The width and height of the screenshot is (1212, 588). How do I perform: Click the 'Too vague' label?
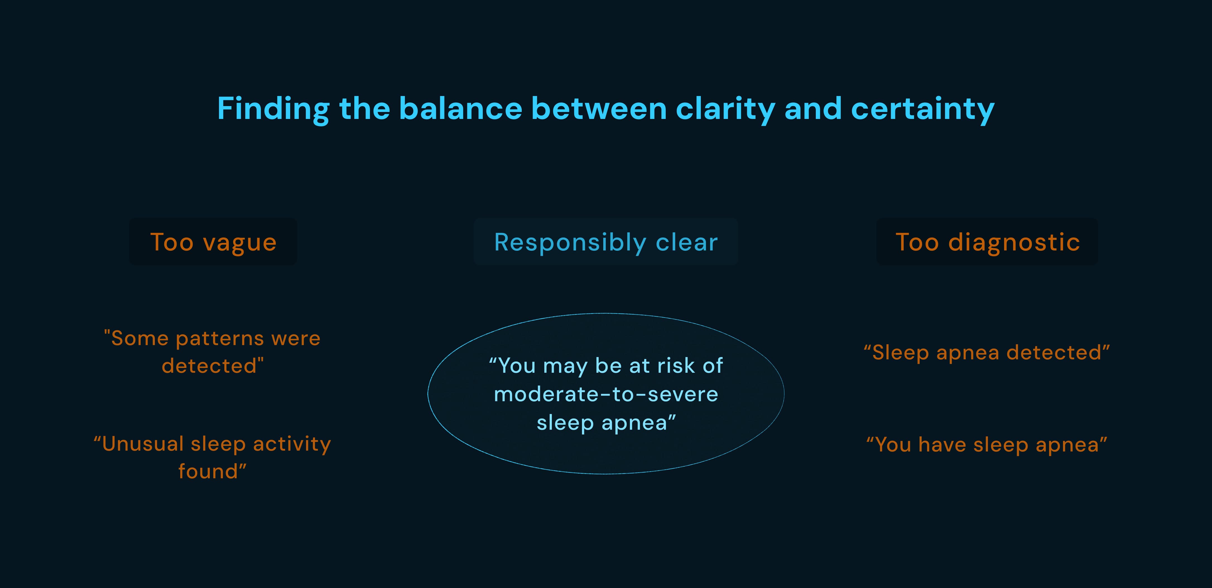pyautogui.click(x=213, y=242)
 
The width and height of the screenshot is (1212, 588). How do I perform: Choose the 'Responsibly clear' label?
pyautogui.click(x=606, y=242)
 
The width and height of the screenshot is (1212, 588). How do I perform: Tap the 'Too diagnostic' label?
pyautogui.click(x=987, y=242)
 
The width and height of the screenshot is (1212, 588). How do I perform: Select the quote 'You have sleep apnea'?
pyautogui.click(x=987, y=445)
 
